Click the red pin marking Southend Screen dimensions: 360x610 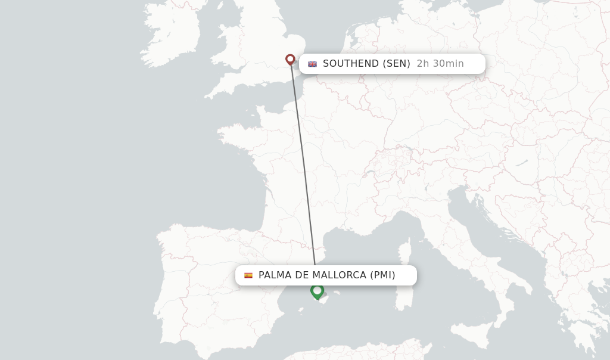pos(290,59)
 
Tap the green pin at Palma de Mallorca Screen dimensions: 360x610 pos(317,291)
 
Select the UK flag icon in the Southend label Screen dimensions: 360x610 pos(312,64)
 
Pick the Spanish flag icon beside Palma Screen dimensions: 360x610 pos(248,275)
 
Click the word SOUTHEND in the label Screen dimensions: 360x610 pos(351,64)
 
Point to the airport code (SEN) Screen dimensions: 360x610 pos(396,64)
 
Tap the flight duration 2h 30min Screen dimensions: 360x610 pos(440,64)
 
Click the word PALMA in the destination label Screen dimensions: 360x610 pos(276,275)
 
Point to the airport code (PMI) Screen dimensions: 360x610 pos(382,275)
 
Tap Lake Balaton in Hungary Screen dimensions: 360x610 pos(522,162)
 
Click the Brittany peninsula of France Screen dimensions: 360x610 pos(235,134)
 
